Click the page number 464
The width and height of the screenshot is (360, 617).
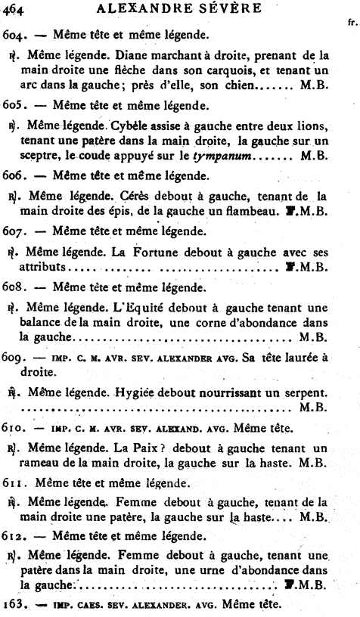pos(16,8)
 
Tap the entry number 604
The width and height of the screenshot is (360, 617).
pos(15,36)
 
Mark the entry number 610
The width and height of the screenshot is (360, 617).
pos(15,428)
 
